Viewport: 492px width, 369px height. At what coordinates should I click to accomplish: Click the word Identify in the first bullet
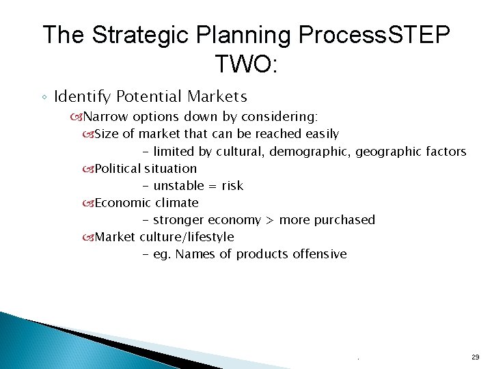pos(83,97)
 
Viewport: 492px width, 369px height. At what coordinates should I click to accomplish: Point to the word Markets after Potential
pos(217,97)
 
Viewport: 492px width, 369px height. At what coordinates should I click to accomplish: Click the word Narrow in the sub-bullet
pos(110,117)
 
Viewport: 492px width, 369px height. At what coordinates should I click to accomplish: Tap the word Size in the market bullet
pos(106,134)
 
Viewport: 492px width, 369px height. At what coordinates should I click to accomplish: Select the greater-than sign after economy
pos(270,220)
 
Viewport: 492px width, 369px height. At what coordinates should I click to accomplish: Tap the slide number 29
pos(475,357)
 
